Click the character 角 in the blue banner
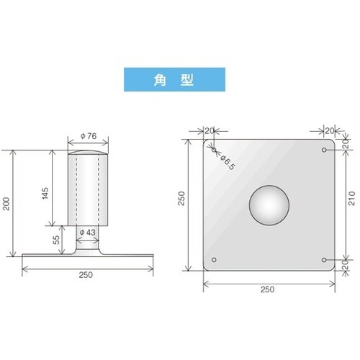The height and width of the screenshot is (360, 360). coord(160,80)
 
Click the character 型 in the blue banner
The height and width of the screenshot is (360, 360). coord(187,80)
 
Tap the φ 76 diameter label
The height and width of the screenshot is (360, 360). coord(89,136)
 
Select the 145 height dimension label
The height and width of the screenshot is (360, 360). coord(45,193)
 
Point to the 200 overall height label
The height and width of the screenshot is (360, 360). coord(6,204)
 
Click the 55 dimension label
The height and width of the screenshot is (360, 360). coord(56,240)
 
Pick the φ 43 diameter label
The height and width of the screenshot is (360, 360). coord(87,233)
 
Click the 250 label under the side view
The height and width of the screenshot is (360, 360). coord(86,275)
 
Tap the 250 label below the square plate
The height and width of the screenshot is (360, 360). coord(267,289)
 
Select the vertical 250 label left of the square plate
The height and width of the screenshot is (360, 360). coord(181,198)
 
